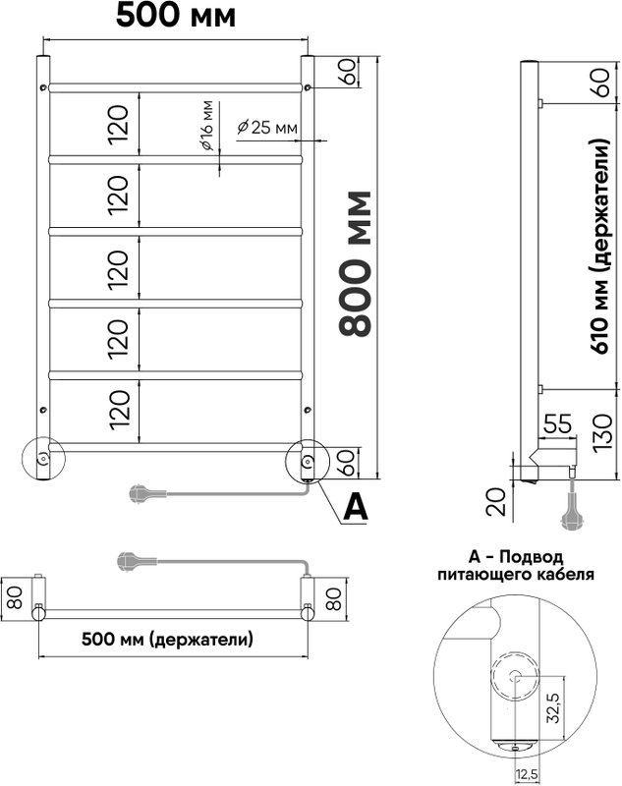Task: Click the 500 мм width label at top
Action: pos(176,16)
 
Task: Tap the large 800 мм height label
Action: pos(355,263)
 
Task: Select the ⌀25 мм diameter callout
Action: pos(267,128)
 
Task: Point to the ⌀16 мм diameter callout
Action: pos(206,126)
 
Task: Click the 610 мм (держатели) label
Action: pos(601,247)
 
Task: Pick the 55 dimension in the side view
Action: pos(557,423)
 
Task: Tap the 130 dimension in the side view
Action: pos(602,431)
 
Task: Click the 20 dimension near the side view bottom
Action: pos(497,503)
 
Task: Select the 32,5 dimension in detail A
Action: pos(553,706)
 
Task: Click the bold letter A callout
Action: pos(356,507)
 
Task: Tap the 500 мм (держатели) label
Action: pos(167,640)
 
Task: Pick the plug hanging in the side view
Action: pos(571,511)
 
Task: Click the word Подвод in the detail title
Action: pos(532,556)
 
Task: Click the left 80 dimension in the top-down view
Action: pos(16,598)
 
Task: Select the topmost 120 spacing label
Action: pos(119,125)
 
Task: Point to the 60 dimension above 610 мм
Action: pos(602,83)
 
